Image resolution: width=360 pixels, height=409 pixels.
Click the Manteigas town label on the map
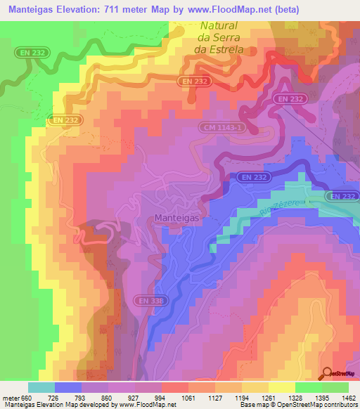click(179, 218)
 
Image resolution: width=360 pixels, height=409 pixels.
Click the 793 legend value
click(70, 397)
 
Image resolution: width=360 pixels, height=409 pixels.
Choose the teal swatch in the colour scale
click(41, 387)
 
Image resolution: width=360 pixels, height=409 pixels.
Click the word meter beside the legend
click(10, 397)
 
